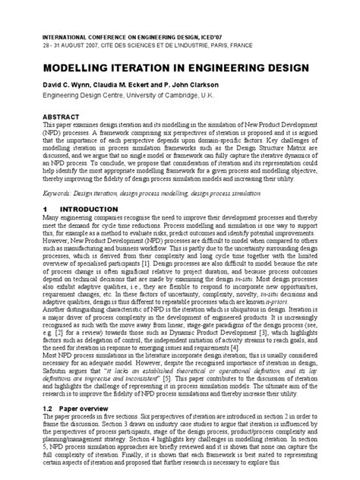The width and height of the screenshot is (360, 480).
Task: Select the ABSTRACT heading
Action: [x=62, y=115]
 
